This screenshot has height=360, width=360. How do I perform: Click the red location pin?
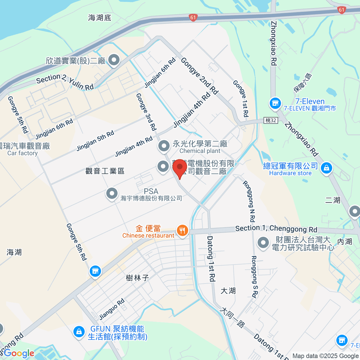[180, 167]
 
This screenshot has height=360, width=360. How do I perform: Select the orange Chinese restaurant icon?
[182, 230]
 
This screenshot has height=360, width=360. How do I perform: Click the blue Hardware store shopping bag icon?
[326, 168]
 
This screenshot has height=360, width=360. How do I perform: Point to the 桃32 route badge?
[271, 120]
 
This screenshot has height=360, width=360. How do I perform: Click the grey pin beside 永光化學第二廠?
[164, 146]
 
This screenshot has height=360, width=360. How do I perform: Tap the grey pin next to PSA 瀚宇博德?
[112, 193]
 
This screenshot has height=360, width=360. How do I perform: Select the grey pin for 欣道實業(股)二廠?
[114, 60]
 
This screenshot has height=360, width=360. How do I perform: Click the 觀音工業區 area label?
[105, 171]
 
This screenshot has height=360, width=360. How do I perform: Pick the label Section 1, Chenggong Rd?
[276, 229]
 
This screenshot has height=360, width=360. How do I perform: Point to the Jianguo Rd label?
[112, 309]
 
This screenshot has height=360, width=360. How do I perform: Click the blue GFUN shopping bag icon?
[79, 332]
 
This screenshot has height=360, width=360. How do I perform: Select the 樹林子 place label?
[137, 278]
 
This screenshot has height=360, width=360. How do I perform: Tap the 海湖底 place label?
[100, 18]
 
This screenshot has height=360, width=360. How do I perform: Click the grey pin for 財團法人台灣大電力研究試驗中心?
[263, 243]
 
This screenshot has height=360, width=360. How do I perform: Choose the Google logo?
[19, 353]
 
